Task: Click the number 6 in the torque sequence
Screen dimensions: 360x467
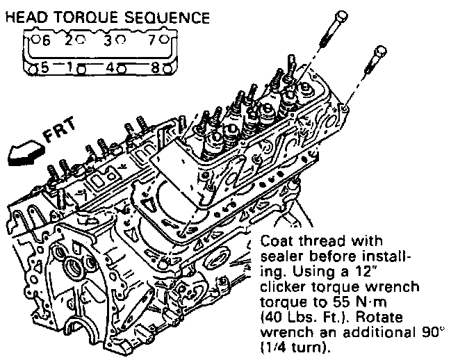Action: (47, 40)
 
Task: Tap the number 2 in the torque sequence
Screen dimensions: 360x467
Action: (69, 40)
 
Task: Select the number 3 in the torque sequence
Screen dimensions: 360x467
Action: (108, 40)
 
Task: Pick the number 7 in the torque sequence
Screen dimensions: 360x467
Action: (154, 40)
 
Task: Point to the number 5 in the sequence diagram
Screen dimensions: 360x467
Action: (44, 68)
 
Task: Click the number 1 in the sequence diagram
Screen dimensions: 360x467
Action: (71, 68)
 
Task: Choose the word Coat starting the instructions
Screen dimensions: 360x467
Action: (275, 240)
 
